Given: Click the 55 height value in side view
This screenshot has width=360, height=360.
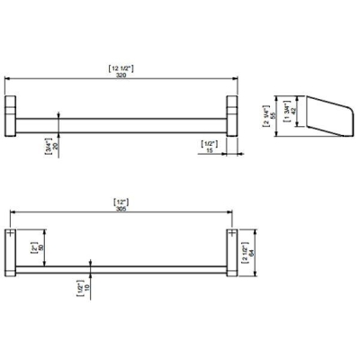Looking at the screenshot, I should point(274,116).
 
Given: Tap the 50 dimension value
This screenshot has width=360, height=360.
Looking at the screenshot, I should point(40,247).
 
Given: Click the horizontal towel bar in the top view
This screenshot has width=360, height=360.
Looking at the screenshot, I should point(121,121).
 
